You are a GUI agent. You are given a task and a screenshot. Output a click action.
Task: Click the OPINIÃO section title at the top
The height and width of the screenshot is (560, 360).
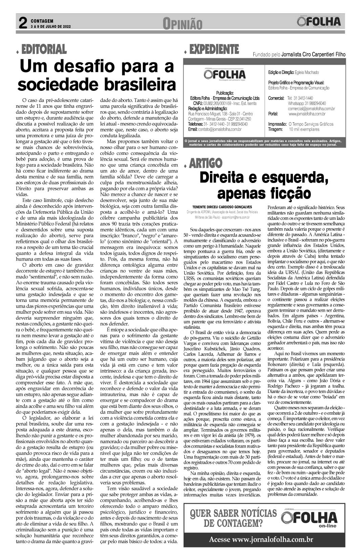(182, 24)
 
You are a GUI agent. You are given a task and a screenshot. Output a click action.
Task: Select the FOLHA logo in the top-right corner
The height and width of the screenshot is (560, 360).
(319, 22)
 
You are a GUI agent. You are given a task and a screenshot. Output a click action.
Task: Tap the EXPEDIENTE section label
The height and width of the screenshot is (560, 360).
(214, 49)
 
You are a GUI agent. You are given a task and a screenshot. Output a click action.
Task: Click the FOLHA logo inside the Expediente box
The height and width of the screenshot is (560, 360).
(225, 74)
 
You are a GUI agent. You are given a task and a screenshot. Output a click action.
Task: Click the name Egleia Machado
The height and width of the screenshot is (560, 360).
(307, 72)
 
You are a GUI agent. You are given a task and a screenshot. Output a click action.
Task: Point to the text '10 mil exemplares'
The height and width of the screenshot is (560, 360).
(304, 129)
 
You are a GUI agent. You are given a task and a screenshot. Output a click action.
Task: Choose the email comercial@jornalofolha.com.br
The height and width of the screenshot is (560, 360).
(311, 109)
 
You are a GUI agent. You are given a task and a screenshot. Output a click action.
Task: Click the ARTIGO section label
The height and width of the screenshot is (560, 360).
(206, 163)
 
